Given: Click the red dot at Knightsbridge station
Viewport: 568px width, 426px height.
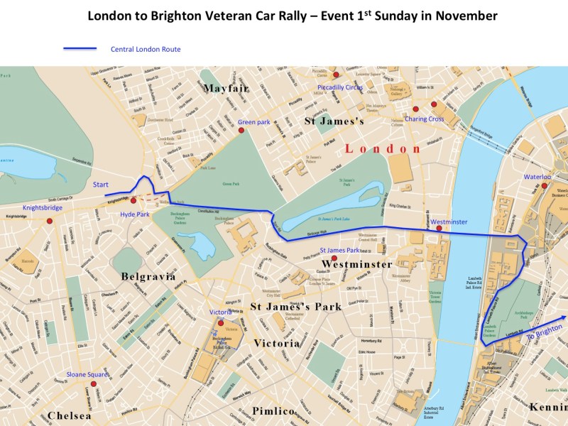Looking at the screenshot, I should coord(50,221).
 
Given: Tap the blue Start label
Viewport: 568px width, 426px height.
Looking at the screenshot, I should coord(100,185).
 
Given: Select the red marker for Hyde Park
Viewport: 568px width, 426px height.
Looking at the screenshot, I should coord(133,201).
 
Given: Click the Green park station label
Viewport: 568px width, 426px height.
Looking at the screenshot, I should coord(253,122).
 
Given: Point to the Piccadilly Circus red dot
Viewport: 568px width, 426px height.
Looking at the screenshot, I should coord(337,74).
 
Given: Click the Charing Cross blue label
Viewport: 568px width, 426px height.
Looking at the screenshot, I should coord(425,119).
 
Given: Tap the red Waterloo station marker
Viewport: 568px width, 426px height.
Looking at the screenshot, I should coord(545,186).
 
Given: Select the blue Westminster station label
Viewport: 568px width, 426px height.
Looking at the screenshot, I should coord(449,222).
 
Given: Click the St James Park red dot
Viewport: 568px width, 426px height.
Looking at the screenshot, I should coord(334,258).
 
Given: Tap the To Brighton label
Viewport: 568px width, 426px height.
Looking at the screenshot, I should coord(545,334).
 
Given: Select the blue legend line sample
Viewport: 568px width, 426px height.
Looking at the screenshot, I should coord(80,50).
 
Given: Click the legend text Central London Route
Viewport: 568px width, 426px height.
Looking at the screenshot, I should coord(146,50).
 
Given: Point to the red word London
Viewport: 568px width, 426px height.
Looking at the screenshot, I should coord(383,148).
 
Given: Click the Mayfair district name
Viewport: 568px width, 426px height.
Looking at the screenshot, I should coord(225,88).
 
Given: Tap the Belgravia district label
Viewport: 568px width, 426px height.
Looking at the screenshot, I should coord(148,276).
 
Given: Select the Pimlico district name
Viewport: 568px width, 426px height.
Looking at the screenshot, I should coord(273,412).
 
